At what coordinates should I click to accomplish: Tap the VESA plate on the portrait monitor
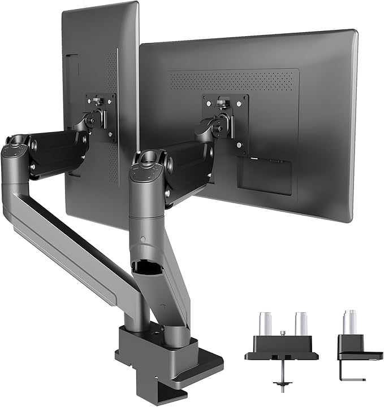102,116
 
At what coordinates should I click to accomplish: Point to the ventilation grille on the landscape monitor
238,79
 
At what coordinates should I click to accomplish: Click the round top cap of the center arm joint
146,156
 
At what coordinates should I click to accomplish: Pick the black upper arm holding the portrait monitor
57,150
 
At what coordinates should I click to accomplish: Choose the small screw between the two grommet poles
283,334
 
